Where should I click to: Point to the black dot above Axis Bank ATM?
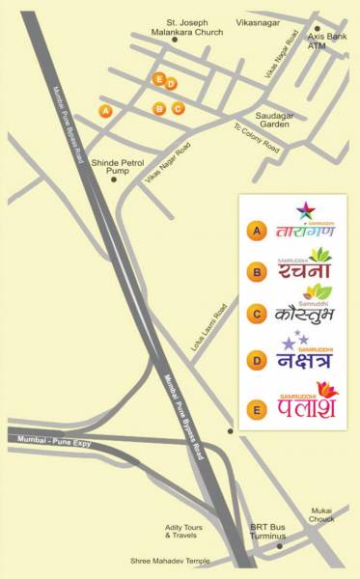[x=316, y=30]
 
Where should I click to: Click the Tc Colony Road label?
[x=256, y=139]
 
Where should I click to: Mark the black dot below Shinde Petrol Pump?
[x=114, y=179]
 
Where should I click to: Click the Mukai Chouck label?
[x=321, y=514]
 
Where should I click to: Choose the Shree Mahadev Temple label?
[x=170, y=561]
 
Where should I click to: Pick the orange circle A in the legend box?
[x=256, y=231]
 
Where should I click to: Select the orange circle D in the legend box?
[x=256, y=362]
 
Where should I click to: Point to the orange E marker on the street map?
[x=159, y=78]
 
